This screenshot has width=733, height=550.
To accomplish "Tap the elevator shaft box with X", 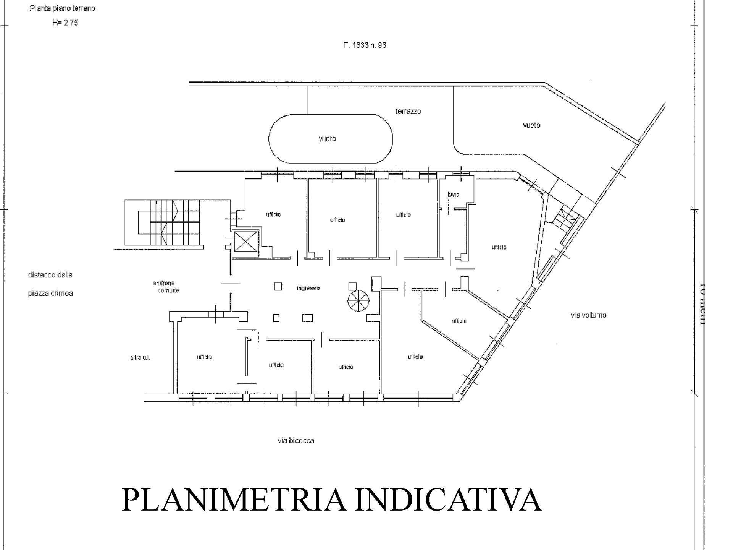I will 245,242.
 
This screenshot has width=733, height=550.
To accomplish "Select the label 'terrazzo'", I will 408,111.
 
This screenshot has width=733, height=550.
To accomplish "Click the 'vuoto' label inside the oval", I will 327,139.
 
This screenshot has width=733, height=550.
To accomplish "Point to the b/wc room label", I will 453,195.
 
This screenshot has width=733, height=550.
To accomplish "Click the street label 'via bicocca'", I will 296,441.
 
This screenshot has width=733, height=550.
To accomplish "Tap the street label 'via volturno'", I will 588,315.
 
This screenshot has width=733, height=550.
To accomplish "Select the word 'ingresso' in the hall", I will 308,288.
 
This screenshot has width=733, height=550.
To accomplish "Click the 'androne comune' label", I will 165,287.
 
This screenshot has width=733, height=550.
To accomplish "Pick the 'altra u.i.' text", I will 140,358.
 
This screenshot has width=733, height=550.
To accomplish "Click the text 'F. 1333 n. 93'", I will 365,45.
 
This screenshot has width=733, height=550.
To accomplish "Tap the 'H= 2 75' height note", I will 65,23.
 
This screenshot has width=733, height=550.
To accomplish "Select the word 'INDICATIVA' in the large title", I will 448,500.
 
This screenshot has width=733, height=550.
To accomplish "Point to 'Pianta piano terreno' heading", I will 62,8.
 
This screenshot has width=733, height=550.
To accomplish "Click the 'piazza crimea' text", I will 50,294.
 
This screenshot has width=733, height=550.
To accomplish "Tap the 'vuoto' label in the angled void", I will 531,125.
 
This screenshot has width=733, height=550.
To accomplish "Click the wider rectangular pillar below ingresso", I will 307,318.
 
